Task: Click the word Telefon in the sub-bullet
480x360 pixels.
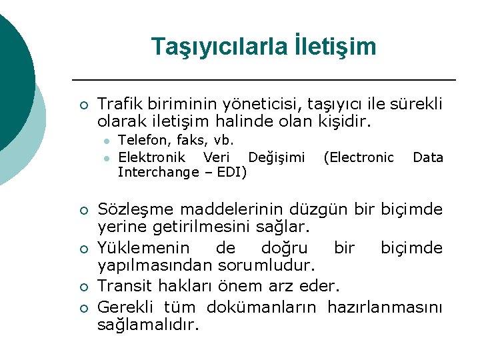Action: pyautogui.click(x=143, y=141)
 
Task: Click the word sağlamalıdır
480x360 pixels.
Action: pyautogui.click(x=149, y=325)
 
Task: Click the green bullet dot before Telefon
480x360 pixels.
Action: pyautogui.click(x=105, y=141)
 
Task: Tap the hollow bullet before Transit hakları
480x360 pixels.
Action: pyautogui.click(x=82, y=287)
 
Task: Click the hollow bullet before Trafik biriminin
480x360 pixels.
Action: pyautogui.click(x=82, y=105)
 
